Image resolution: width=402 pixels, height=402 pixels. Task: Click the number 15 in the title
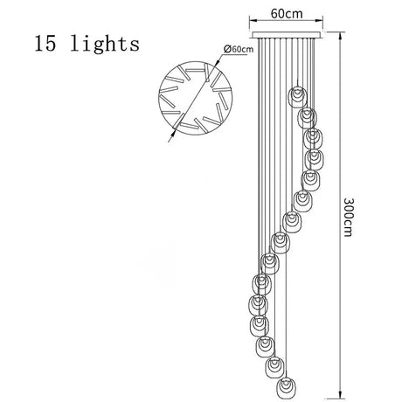[x=45, y=44]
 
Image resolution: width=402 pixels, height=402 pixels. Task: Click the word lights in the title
[x=105, y=44]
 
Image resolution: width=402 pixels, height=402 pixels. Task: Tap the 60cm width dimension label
[x=287, y=13]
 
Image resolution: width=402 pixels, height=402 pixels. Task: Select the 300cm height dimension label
[x=349, y=217]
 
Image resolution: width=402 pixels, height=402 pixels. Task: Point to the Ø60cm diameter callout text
[x=239, y=49]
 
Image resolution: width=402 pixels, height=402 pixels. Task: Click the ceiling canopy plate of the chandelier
[x=286, y=35]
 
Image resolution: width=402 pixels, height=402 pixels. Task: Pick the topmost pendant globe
[x=297, y=96]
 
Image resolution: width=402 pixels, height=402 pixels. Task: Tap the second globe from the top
[x=307, y=118]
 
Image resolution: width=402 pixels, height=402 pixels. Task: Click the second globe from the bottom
[x=275, y=367]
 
